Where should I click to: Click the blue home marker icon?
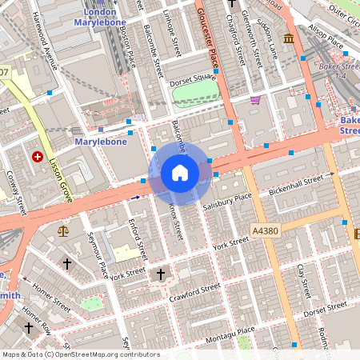click(180, 173)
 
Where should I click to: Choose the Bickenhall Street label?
click(301, 186)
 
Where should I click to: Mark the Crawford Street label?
click(194, 292)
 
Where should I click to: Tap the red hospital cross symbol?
click(37, 157)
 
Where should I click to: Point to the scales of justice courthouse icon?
click(63, 230)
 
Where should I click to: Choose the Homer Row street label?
click(35, 321)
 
